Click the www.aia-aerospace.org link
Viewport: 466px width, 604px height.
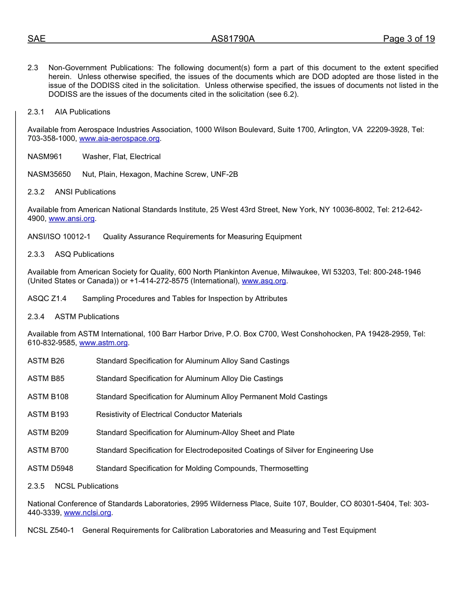pos(120,139)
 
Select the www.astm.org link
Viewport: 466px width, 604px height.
pos(104,343)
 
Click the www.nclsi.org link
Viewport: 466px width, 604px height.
pos(88,513)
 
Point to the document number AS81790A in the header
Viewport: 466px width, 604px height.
pos(233,39)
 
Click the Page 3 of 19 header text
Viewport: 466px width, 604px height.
pos(409,39)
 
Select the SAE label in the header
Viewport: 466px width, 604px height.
pos(36,39)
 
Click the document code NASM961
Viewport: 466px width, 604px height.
pos(45,157)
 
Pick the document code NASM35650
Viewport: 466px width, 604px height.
pos(49,174)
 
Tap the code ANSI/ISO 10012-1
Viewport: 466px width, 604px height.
pos(59,237)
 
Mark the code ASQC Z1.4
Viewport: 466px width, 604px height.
pos(47,299)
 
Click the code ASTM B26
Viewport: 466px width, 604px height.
pos(46,361)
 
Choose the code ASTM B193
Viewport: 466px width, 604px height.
pos(48,414)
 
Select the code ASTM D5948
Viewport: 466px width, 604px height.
pos(50,468)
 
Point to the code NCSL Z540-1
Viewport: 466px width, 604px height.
pos(51,530)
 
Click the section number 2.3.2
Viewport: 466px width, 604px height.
pos(36,192)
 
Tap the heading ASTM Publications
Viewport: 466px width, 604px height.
pos(87,317)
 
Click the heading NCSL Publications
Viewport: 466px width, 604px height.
pos(86,486)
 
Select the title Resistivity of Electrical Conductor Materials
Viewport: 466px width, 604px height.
pos(169,414)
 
